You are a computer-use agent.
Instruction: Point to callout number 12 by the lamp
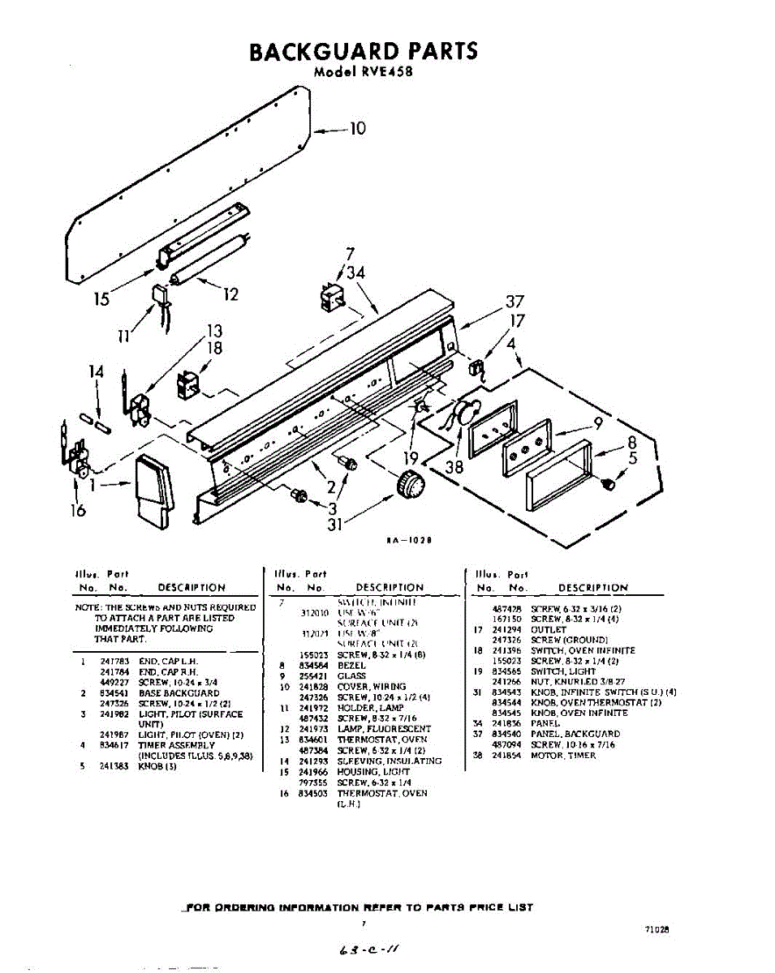tap(230, 294)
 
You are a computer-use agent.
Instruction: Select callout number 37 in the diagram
tap(515, 302)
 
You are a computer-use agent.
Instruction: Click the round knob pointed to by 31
tap(411, 486)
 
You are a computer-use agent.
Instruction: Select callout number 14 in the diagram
tap(97, 372)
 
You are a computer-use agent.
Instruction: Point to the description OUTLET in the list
tap(548, 629)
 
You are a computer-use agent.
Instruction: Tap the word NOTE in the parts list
tap(85, 607)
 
